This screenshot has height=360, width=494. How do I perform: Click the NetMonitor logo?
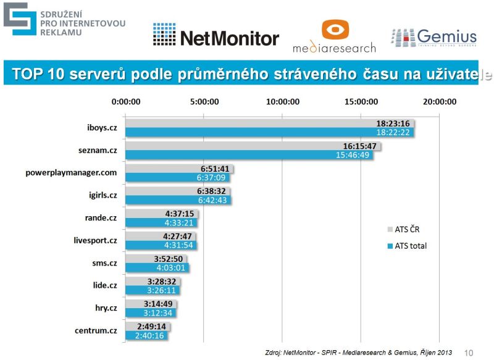coord(216,37)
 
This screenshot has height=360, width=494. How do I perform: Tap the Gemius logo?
coord(433,37)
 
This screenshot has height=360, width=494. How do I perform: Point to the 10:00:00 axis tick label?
coord(282,102)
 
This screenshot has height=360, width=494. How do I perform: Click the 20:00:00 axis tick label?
coord(439,102)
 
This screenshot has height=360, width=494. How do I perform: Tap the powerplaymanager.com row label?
coord(72,172)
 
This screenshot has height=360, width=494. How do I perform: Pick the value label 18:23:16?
coord(394,123)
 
